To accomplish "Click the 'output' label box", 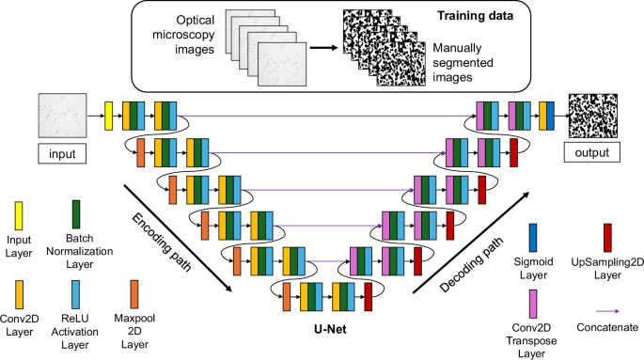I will coord(590,152).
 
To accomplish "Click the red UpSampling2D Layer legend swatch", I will coord(608,235).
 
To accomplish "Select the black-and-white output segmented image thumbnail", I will coord(590,117).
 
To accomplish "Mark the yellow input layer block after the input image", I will coord(108,117).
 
